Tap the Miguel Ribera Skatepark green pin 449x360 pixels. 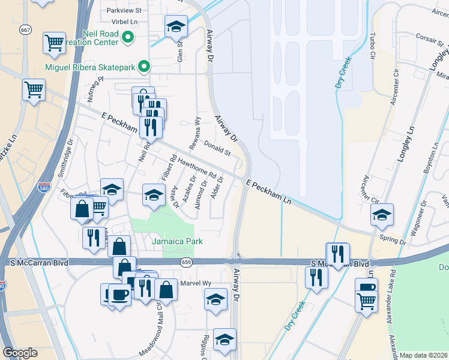[144, 67]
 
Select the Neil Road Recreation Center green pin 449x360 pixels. [127, 38]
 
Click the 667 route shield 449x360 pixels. [25, 29]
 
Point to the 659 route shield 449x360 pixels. [186, 262]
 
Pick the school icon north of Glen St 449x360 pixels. [176, 26]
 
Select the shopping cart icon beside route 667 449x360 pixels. [54, 43]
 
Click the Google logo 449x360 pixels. [20, 353]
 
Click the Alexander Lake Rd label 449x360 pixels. [390, 303]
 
